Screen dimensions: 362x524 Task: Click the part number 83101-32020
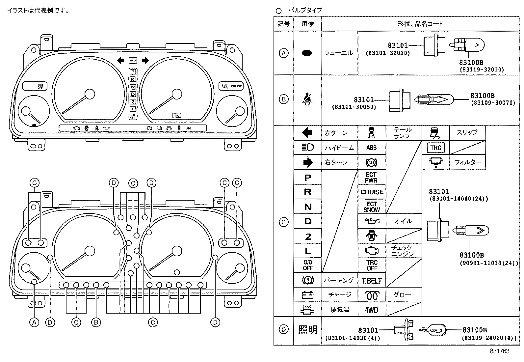[387, 53]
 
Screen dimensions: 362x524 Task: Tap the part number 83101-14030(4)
[353, 338]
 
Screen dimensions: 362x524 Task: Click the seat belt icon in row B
[307, 99]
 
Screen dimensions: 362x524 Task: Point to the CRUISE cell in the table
[372, 192]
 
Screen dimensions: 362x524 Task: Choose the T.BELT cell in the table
[372, 281]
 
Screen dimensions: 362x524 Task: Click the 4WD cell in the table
[372, 310]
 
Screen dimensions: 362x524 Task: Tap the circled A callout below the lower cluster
[34, 322]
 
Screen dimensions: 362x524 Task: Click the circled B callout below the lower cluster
[96, 322]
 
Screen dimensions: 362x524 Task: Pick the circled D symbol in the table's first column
[283, 329]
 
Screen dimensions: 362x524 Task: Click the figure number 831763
[499, 351]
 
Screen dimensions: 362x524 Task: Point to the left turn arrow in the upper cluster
[121, 60]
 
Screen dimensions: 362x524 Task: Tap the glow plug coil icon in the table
[371, 295]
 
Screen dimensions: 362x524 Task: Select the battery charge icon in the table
[307, 295]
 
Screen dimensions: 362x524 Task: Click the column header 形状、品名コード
[420, 24]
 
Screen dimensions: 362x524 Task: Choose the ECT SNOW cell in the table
[372, 207]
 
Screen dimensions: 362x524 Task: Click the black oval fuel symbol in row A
[307, 53]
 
